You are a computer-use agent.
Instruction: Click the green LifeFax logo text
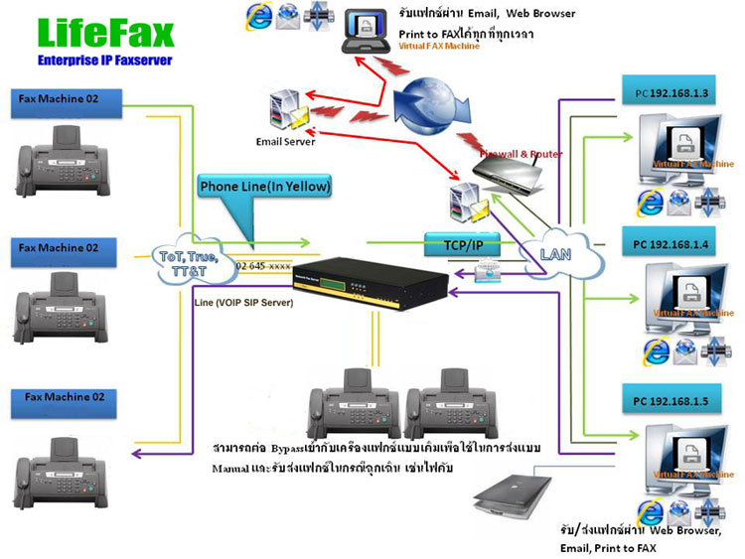coord(105,33)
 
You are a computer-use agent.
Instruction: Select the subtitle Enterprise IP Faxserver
coord(105,62)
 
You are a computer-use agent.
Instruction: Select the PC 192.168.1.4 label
coord(678,241)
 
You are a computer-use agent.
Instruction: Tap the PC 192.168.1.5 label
coord(678,401)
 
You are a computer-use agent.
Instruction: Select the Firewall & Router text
coord(522,154)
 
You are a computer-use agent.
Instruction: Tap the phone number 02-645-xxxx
coord(264,267)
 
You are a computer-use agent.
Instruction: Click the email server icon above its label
coord(286,109)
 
